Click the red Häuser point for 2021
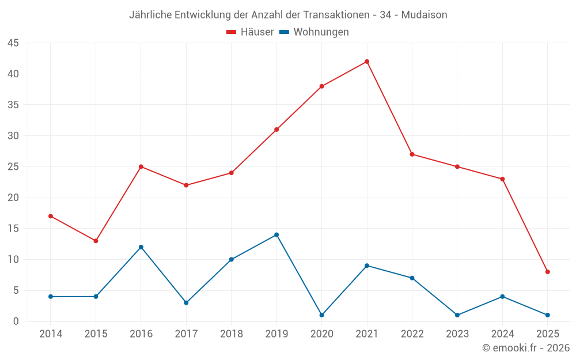(x=367, y=62)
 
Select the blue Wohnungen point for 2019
(x=276, y=234)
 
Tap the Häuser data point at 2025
(x=547, y=272)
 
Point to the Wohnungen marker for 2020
(x=321, y=315)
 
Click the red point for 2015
(x=96, y=241)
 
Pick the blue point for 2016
(x=141, y=247)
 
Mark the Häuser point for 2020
(x=321, y=86)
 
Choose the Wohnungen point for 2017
(x=186, y=302)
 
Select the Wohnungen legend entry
(x=321, y=32)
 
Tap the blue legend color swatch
(x=284, y=32)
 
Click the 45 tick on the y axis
(x=13, y=43)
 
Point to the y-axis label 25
(x=13, y=167)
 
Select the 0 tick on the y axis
(x=16, y=321)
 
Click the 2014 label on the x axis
(x=51, y=334)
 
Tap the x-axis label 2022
(x=412, y=334)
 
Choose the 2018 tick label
(x=232, y=334)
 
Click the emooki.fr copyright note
(x=526, y=348)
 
